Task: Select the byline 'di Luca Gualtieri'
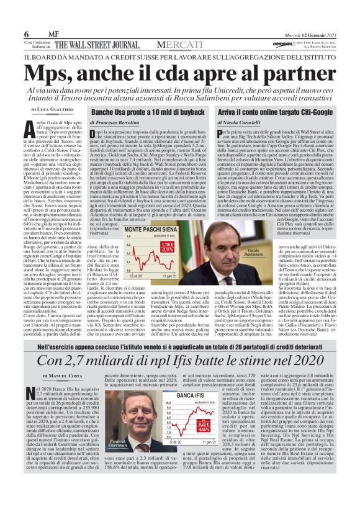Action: point(52,109)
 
